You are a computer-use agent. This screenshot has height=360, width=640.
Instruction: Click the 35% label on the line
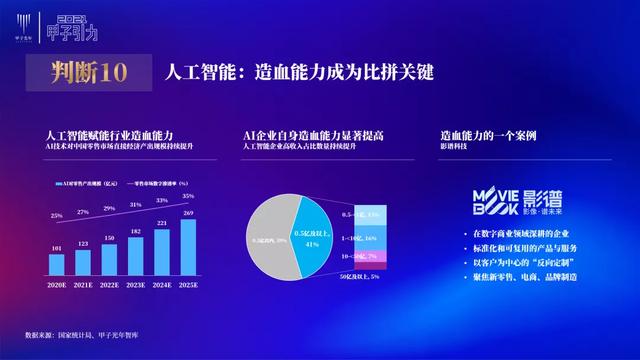[189, 197]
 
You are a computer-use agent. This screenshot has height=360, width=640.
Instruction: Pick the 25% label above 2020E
[57, 214]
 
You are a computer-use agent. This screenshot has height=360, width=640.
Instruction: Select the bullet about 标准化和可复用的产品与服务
[521, 247]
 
